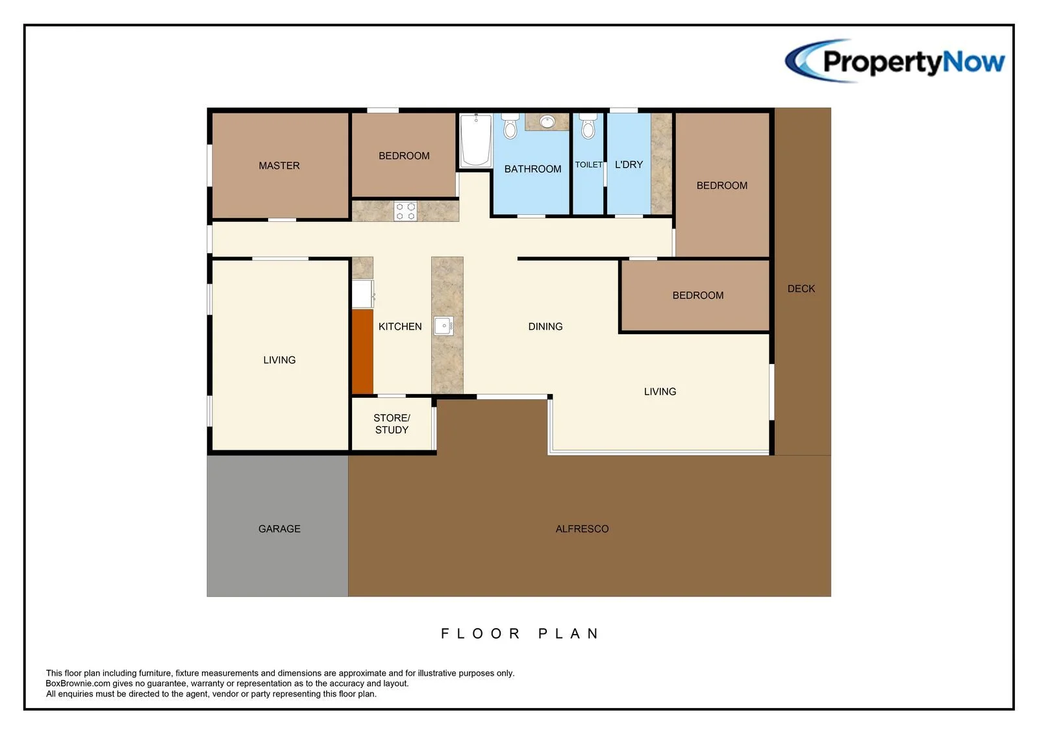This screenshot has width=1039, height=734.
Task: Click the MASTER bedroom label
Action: click(x=279, y=165)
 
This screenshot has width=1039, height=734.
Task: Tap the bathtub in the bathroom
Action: click(x=476, y=140)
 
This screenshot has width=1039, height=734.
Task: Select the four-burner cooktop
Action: click(x=405, y=212)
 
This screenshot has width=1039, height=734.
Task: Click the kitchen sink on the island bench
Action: click(x=444, y=326)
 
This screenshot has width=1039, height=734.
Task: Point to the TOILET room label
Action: click(x=588, y=165)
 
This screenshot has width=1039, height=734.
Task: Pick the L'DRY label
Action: click(x=629, y=165)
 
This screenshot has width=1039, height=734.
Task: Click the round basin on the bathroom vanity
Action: click(x=547, y=122)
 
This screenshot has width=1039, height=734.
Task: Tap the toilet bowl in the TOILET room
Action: click(x=588, y=127)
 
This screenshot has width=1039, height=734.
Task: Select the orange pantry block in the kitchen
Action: click(x=363, y=352)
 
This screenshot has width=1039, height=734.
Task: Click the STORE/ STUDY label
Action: click(x=392, y=424)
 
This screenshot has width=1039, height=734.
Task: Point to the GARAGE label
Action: click(x=279, y=528)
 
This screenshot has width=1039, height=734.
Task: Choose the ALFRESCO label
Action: click(x=582, y=528)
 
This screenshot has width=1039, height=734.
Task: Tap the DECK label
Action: click(x=801, y=288)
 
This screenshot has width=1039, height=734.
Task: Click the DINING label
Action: click(x=545, y=326)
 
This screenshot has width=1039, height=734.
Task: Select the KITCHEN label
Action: click(x=400, y=326)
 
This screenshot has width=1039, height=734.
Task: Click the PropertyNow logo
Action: click(x=895, y=61)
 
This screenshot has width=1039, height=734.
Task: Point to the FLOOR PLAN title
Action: click(x=519, y=633)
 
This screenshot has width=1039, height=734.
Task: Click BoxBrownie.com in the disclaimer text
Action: click(x=78, y=683)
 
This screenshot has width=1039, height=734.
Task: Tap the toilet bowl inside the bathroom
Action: click(x=510, y=127)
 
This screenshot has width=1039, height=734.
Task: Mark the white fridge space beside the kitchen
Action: click(x=363, y=293)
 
